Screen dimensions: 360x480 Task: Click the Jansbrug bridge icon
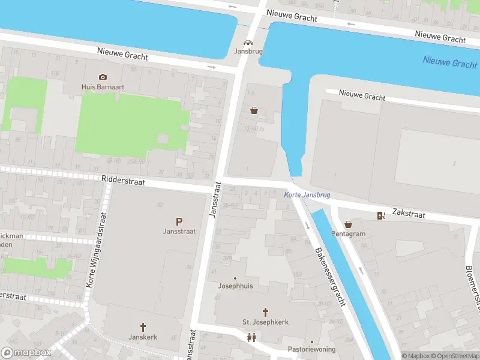pos(247,43)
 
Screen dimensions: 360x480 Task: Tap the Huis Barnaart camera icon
pos(103,77)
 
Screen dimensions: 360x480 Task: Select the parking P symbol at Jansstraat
pos(179,221)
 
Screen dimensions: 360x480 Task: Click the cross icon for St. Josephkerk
pos(265,312)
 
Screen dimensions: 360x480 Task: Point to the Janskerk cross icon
pos(143,327)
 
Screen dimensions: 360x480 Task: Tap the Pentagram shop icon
pos(348,224)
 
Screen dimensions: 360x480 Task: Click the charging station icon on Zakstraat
pos(380,216)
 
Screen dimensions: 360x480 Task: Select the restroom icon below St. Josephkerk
pos(251,337)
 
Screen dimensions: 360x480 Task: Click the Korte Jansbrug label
pos(307,196)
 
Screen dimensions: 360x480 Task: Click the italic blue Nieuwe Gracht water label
pos(449,62)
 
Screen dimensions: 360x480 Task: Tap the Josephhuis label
pos(235,286)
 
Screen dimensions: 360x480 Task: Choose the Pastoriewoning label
pos(311,349)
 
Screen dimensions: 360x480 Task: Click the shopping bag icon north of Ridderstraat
pos(254,110)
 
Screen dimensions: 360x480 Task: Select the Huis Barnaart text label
pos(103,86)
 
